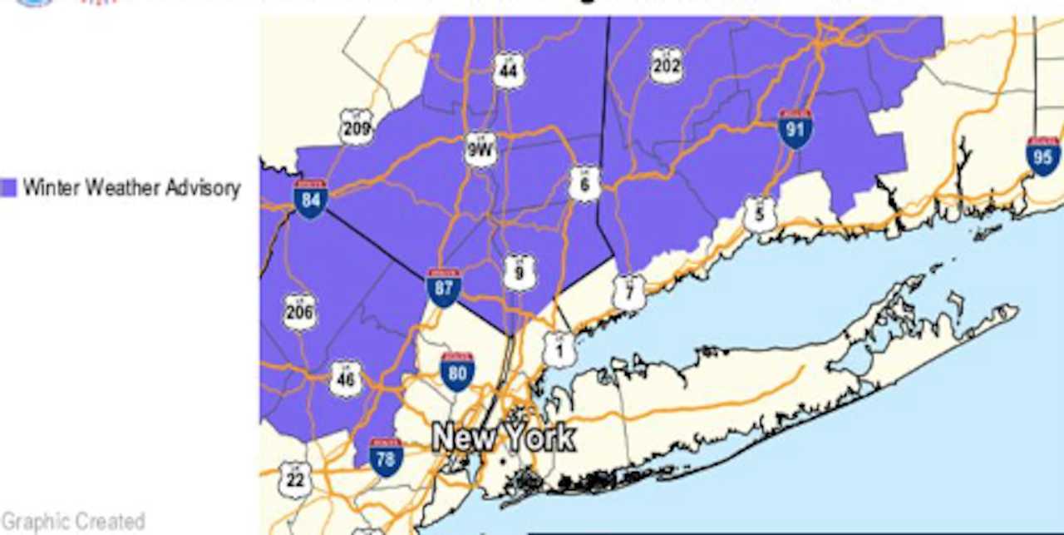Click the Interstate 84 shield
click(310, 199)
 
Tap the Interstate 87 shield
click(444, 288)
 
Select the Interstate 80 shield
click(457, 372)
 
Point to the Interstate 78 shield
click(387, 458)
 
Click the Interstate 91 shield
click(796, 129)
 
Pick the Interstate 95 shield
click(1043, 156)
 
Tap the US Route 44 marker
click(509, 71)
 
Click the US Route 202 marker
click(666, 65)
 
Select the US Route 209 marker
click(356, 127)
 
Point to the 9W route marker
click(480, 150)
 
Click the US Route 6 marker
click(585, 184)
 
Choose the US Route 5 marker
click(760, 214)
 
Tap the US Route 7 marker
click(629, 292)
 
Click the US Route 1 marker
click(559, 350)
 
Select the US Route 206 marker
click(299, 312)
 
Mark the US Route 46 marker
click(346, 379)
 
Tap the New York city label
click(504, 438)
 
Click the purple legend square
click(9, 188)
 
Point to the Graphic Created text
click(73, 522)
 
